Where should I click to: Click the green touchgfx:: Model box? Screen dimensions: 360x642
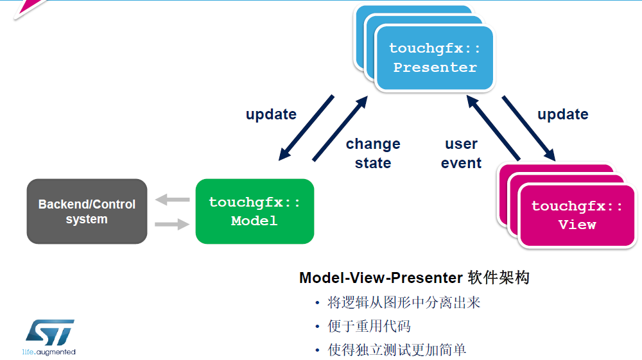click(x=254, y=211)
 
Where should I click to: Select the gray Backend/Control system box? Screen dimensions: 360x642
click(x=87, y=211)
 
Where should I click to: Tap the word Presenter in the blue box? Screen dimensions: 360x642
click(x=435, y=67)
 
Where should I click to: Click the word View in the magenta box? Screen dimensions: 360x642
click(x=577, y=225)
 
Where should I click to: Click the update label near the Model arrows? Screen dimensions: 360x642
click(x=271, y=114)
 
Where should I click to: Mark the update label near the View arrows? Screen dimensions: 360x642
click(x=562, y=114)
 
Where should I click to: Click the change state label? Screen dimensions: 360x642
click(x=373, y=153)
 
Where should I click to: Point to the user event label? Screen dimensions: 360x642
click(x=461, y=153)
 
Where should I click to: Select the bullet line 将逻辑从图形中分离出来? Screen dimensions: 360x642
click(x=404, y=303)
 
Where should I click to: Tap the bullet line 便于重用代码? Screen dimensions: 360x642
click(x=369, y=326)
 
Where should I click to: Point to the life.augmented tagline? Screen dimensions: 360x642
click(x=49, y=352)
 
